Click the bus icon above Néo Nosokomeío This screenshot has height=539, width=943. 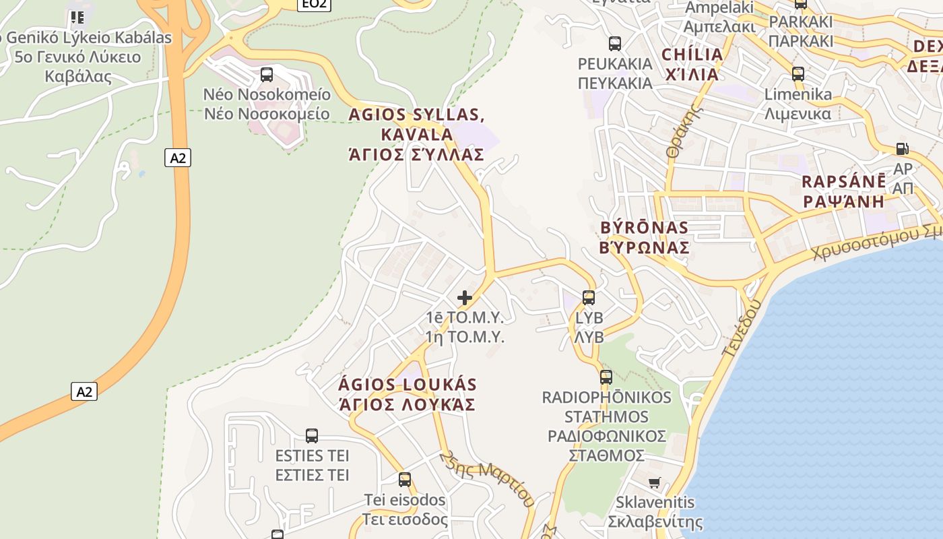coord(267,74)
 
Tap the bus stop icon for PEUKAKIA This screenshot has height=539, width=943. coord(614,44)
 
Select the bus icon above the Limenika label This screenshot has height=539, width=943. coord(798,73)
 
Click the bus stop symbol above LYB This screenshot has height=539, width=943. coord(589,297)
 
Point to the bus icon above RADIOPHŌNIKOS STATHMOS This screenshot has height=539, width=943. coord(606,377)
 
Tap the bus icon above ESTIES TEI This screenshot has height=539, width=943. coord(311,435)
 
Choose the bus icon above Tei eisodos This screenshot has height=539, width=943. coord(404,479)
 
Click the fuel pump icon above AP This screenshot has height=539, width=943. coord(903,148)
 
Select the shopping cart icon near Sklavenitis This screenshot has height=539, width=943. coord(654,482)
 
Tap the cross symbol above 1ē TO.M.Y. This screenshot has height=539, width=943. coord(464,297)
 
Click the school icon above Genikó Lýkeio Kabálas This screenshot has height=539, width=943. coord(77,17)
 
